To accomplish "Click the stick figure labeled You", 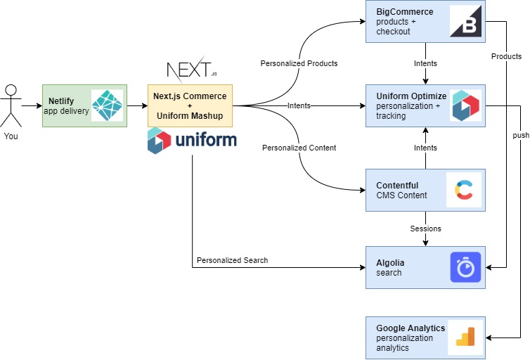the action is coord(11,105).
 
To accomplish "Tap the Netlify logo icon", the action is coord(107,105).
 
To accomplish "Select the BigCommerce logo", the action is coord(465,21).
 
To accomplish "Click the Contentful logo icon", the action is coord(463,190).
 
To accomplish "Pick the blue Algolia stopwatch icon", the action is coord(465,267).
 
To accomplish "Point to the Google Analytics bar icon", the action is coord(465,337).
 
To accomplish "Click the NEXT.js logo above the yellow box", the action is coord(192,70).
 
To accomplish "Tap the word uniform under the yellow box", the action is coord(206,140).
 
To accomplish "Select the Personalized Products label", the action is coord(299,63).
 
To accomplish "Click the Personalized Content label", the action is coord(299,148).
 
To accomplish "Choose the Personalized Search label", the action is coord(232,260).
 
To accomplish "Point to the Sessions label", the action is coord(425,229).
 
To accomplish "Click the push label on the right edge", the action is coord(521,135).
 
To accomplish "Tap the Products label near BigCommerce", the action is coord(506,56).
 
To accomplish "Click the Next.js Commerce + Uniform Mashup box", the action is coord(190,105).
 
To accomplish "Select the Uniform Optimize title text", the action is coord(411,96).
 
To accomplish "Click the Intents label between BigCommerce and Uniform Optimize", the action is coord(425,63).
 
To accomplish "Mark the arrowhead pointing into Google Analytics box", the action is coord(489,337).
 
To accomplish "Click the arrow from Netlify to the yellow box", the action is coord(137,105).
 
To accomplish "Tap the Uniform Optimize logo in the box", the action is coord(466,105).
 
